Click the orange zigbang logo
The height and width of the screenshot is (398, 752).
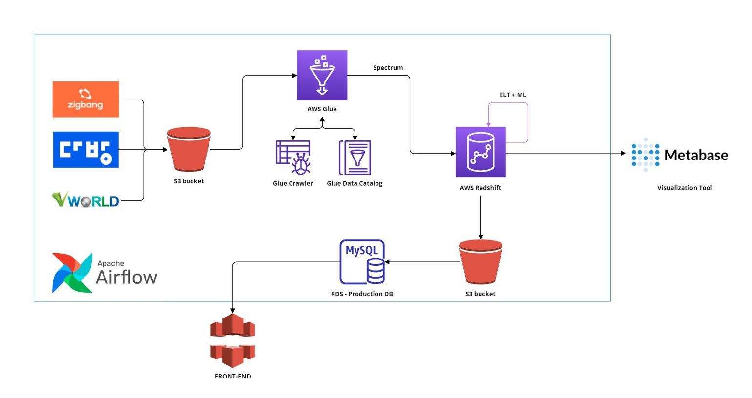[x=85, y=99]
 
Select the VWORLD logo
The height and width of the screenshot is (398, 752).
[x=85, y=199]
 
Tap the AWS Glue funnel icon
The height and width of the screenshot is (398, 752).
[x=322, y=75]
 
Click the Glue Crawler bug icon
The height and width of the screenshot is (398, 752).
[x=293, y=158]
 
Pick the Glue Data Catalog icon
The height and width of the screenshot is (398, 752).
[x=355, y=158]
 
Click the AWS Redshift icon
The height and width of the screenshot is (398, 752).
[x=480, y=152]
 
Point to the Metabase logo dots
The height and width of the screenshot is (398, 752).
[x=645, y=155]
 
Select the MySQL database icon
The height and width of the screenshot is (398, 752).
[x=362, y=262]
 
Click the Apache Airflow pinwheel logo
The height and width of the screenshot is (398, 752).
[x=72, y=273]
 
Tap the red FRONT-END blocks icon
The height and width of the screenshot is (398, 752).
[x=232, y=340]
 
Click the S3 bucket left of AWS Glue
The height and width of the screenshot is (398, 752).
[x=189, y=149]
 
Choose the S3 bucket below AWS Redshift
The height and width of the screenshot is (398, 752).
[x=480, y=262]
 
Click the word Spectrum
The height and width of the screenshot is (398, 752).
[x=388, y=68]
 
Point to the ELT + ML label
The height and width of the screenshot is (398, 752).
[x=513, y=95]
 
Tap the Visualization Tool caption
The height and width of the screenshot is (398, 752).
[x=685, y=188]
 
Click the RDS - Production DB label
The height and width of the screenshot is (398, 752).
[x=362, y=294]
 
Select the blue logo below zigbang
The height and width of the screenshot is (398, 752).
[x=85, y=150]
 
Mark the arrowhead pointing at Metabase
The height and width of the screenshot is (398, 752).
[x=624, y=153]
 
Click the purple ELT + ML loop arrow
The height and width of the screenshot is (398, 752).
[x=528, y=122]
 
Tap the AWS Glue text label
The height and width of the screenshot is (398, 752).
[x=322, y=109]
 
